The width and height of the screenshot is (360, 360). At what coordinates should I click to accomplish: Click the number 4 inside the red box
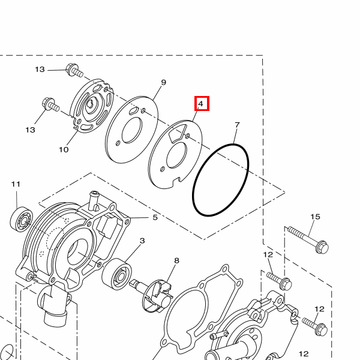tap(200, 104)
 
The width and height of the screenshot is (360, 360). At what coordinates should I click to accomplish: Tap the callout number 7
tap(237, 125)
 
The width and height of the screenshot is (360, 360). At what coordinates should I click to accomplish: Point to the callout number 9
tap(163, 82)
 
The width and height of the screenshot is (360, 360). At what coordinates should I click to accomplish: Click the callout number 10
tap(64, 149)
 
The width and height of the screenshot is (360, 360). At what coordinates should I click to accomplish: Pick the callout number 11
tap(16, 184)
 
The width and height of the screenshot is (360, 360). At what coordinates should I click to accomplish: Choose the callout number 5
tap(155, 217)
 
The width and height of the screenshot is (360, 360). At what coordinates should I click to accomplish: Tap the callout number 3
tap(142, 241)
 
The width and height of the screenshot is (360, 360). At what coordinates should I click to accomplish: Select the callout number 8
tap(176, 260)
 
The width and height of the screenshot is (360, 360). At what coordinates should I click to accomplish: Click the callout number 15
tap(315, 217)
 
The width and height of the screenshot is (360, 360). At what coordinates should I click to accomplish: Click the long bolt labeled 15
tap(308, 239)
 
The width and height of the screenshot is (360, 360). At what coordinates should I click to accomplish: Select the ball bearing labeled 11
tap(22, 219)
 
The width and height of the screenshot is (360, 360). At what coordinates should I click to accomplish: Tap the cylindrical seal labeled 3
tap(116, 274)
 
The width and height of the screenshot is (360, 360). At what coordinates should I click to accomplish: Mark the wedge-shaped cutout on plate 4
tap(178, 134)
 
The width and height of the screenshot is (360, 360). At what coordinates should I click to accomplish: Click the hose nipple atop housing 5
tap(94, 199)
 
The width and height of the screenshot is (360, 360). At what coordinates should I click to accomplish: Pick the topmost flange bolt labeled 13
tap(74, 70)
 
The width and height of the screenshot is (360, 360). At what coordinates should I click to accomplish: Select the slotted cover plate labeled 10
tap(92, 106)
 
